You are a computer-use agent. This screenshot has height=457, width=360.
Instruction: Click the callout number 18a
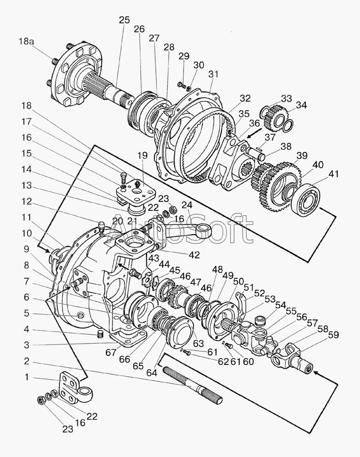[27, 42]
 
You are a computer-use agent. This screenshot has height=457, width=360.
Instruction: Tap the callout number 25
[125, 20]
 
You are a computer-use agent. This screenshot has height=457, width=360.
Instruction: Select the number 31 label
[213, 74]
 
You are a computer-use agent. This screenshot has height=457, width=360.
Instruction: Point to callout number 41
[334, 174]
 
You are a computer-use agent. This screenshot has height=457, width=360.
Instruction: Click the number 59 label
[333, 335]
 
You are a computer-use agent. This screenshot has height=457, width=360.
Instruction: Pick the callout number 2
[27, 361]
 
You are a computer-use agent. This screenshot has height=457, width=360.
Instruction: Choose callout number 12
[27, 202]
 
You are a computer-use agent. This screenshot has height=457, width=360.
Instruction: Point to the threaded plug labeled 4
[100, 334]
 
